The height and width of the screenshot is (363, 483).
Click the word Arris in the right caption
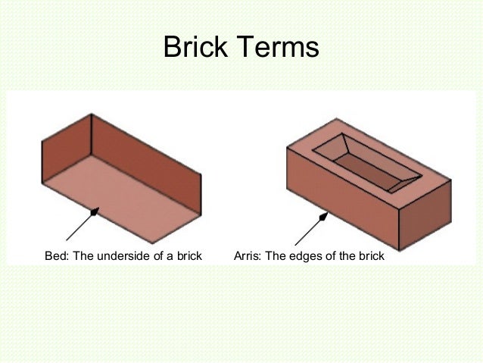[249, 255]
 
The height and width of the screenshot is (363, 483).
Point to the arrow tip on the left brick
[93, 213]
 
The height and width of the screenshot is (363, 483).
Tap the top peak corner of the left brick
[91, 114]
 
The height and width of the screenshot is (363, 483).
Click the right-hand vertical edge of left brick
[203, 198]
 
